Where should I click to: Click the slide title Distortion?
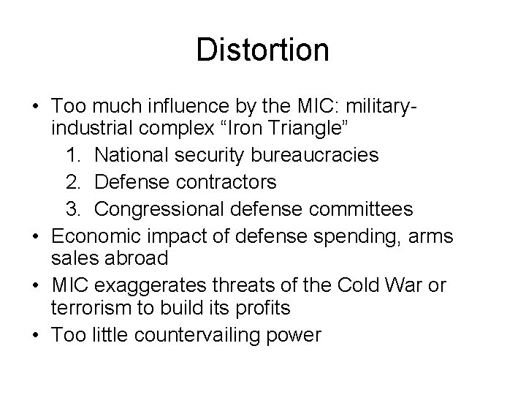pyautogui.click(x=262, y=50)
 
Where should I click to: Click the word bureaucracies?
pyautogui.click(x=316, y=154)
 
